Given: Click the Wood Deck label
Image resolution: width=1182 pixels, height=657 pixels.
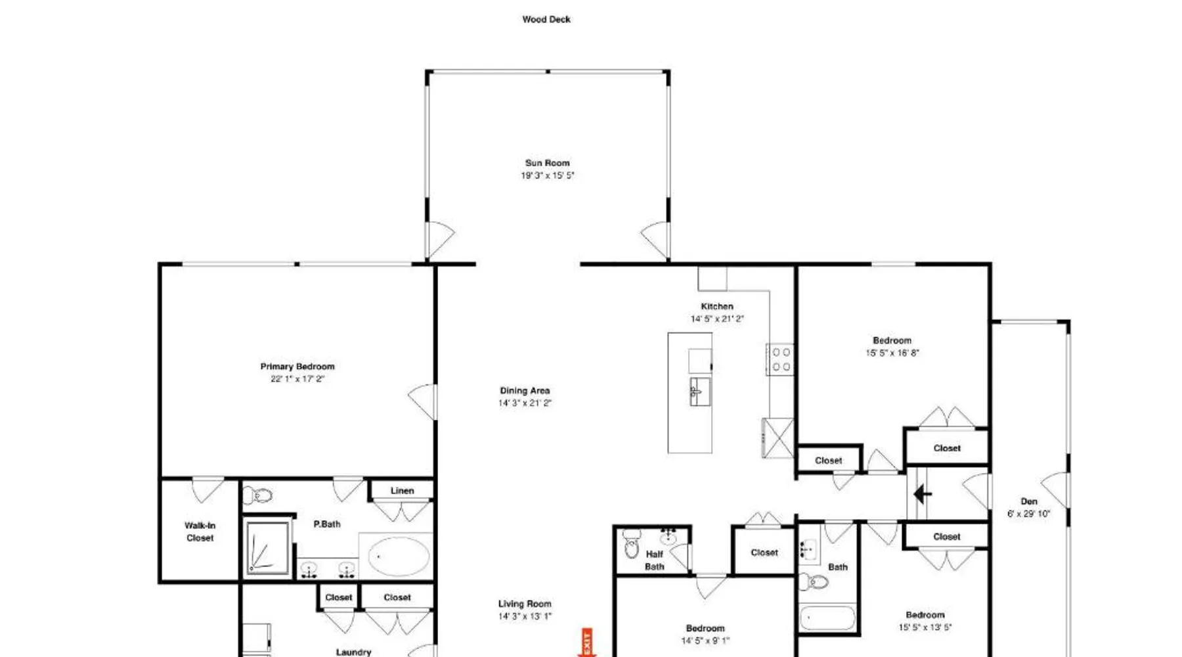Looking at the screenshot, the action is point(546,20).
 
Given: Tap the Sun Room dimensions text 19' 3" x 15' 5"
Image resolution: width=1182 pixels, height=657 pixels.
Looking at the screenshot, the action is point(548,175).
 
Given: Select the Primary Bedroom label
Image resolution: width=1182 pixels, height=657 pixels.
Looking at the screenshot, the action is point(297,367).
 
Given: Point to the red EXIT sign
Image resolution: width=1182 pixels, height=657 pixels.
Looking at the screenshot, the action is point(586,643).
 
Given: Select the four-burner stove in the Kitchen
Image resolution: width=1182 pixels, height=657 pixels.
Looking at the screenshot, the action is point(780,359).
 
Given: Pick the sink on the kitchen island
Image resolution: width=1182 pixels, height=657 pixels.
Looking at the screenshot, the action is point(699,392).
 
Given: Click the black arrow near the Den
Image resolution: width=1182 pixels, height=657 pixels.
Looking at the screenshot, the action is point(923,494).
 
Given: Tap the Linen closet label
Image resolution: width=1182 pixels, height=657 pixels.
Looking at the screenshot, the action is point(402,491).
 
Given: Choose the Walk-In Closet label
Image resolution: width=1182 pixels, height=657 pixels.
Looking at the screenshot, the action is point(200,532).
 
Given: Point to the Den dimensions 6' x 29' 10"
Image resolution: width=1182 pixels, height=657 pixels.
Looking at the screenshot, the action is point(1029,514).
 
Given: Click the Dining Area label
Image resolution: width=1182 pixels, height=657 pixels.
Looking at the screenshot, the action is point(525,390).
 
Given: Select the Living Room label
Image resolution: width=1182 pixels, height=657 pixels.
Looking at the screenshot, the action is point(525,604).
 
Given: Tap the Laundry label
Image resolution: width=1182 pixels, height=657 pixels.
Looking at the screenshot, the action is point(353,652).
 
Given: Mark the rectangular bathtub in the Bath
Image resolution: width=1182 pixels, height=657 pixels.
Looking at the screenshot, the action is point(827,618).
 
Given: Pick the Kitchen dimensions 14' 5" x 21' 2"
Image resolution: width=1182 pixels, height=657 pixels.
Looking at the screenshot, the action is point(717,319).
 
